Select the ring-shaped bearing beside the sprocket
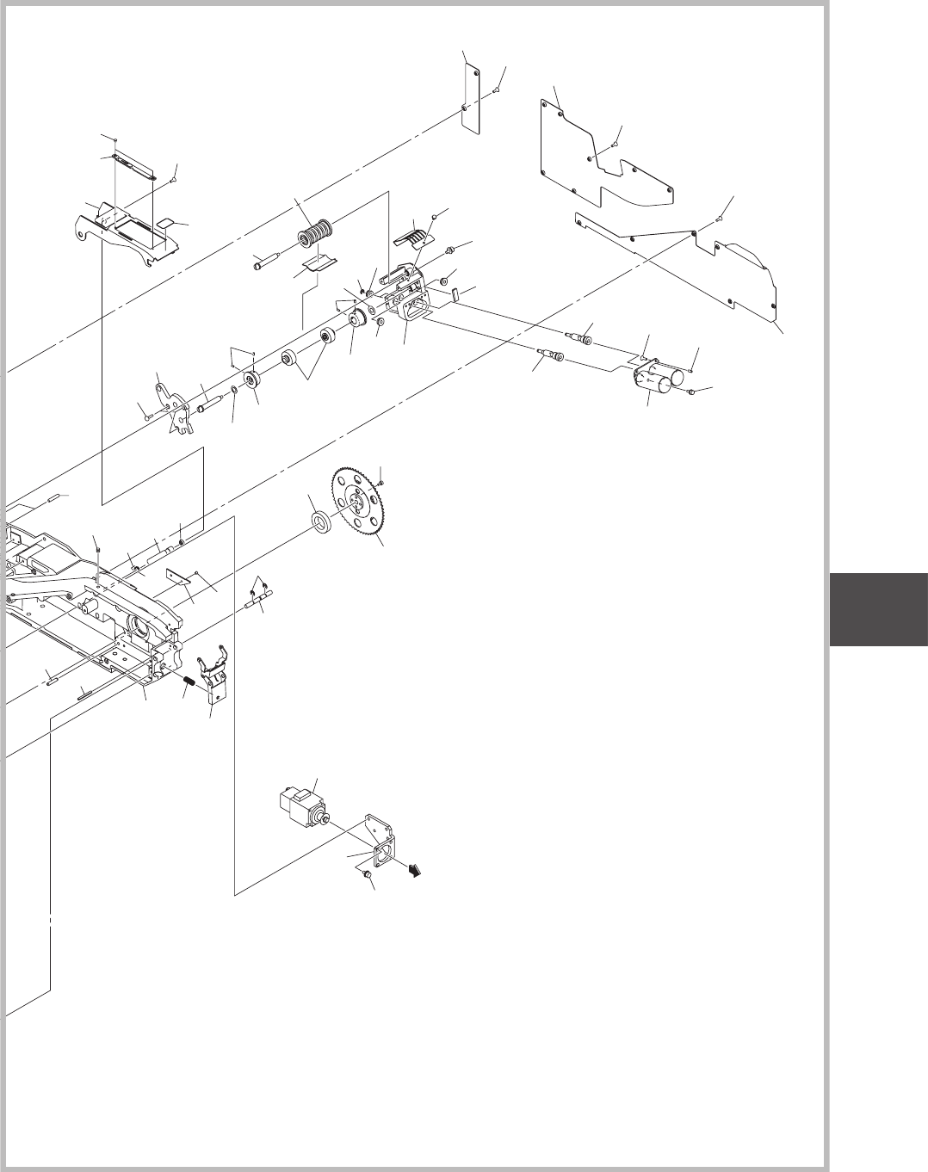tap(320, 521)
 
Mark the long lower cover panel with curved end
tap(706, 262)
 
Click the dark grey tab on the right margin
tap(879, 610)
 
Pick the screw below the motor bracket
tap(367, 873)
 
